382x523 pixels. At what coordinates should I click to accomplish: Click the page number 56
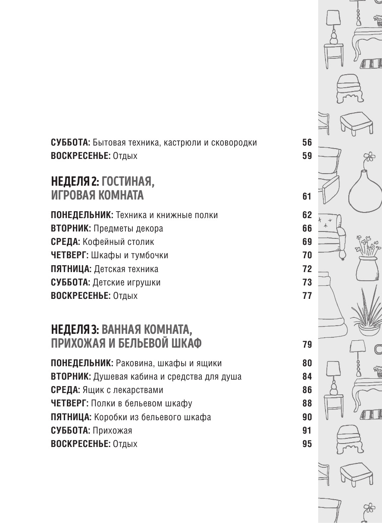click(307, 143)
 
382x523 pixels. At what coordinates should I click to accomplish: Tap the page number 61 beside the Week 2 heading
click(307, 197)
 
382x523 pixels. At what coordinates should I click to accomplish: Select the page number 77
click(307, 296)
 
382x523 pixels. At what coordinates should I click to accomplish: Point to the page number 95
click(307, 444)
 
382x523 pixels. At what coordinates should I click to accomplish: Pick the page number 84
click(307, 377)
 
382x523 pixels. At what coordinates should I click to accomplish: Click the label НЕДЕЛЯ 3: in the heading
click(75, 330)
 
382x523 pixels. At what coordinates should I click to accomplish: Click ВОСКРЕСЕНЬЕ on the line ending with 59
click(81, 156)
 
